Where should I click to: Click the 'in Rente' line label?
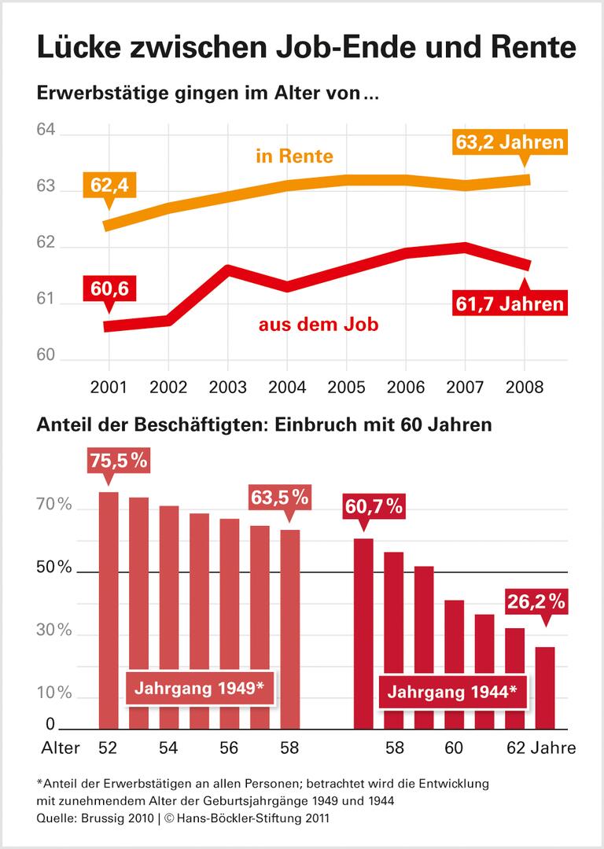coord(294,156)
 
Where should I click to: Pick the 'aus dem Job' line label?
coord(319,324)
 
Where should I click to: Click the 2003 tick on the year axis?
coord(227,388)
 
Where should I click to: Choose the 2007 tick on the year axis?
coord(465,388)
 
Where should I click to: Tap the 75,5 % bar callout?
coord(116,461)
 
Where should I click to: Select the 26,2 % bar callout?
coord(536,603)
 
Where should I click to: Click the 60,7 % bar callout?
coord(374,507)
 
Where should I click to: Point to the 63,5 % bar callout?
coord(280,497)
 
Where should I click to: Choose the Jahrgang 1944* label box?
coord(452,693)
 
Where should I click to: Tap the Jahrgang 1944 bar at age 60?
coord(455,664)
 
